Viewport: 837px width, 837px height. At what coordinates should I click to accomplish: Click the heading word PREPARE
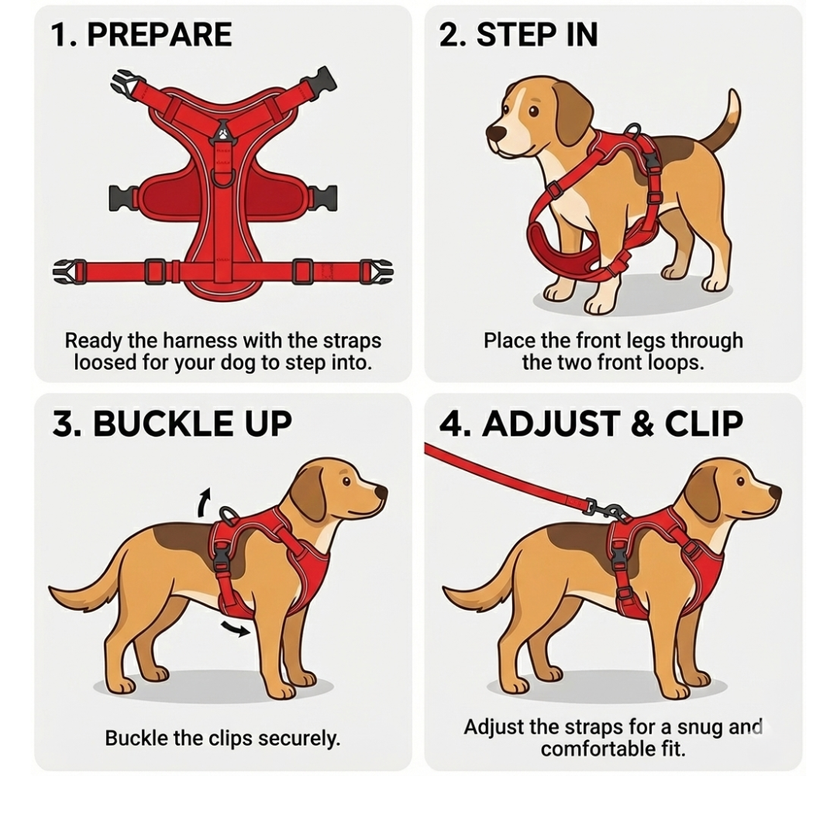point(159,36)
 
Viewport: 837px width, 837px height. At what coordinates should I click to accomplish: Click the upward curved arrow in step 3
point(203,501)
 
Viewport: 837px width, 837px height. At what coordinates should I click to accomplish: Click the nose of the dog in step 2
point(494,133)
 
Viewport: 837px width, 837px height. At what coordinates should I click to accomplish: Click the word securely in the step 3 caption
point(299,738)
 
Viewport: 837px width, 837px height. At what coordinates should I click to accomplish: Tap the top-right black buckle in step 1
point(323,79)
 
